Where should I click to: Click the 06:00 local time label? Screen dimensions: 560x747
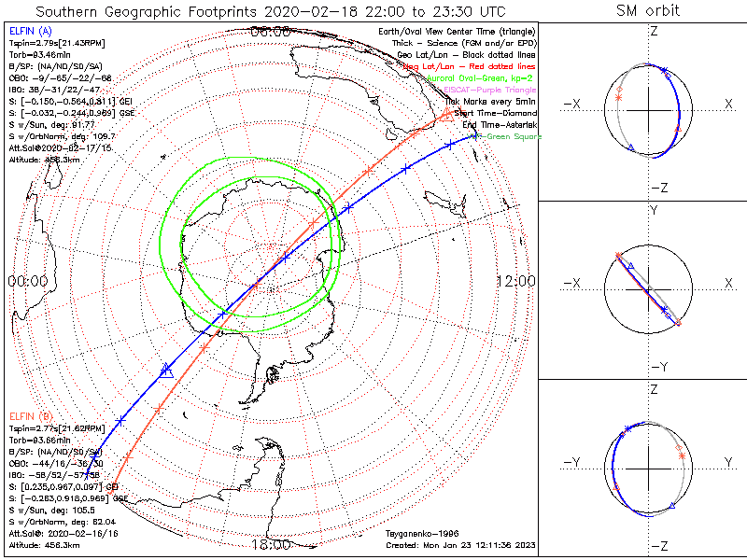(271, 32)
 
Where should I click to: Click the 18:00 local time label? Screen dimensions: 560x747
(271, 544)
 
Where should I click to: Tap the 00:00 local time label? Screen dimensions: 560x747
(27, 280)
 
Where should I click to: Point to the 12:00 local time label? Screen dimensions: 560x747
(514, 280)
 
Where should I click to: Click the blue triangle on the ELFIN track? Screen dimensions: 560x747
(168, 371)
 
